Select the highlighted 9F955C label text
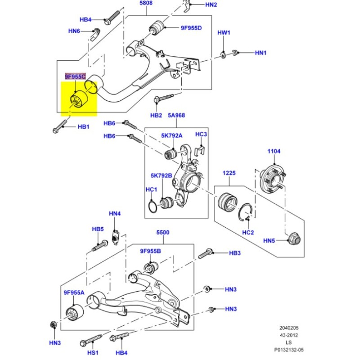(x=75, y=77)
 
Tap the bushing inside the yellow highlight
(x=77, y=100)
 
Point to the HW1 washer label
(x=224, y=33)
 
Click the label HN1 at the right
(x=261, y=53)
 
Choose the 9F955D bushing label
(x=191, y=28)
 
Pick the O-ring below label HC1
(x=153, y=207)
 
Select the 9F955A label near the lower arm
(x=74, y=292)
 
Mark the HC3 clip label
(x=201, y=134)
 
